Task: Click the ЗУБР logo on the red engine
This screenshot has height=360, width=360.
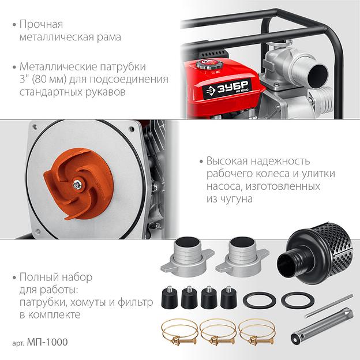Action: click(227, 88)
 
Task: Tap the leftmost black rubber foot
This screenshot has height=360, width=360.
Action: click(170, 297)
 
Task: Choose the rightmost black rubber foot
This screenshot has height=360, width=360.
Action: click(229, 297)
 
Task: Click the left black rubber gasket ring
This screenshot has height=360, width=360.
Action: click(260, 301)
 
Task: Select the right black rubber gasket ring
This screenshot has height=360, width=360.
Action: click(298, 301)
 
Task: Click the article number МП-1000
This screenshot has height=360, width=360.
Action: click(47, 342)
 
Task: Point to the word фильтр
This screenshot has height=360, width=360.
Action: click(135, 303)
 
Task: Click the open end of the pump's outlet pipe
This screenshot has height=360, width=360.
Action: click(318, 75)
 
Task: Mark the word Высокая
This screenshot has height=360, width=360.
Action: click(227, 161)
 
